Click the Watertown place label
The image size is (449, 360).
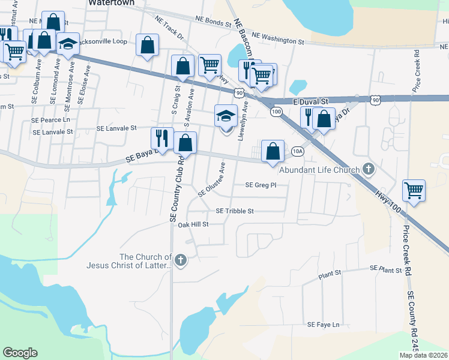(110, 3)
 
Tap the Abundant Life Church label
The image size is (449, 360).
(322, 170)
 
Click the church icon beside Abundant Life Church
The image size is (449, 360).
(369, 170)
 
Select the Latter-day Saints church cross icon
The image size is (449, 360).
(179, 260)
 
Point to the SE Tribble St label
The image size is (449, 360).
(235, 211)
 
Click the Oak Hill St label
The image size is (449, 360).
(192, 224)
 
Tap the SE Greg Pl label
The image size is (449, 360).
(260, 185)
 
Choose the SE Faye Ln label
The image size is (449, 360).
(323, 325)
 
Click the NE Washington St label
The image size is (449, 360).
(278, 39)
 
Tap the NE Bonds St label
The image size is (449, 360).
(213, 23)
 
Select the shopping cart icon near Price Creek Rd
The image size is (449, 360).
(414, 191)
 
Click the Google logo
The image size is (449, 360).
(20, 353)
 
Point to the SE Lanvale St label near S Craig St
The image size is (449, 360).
(117, 128)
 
